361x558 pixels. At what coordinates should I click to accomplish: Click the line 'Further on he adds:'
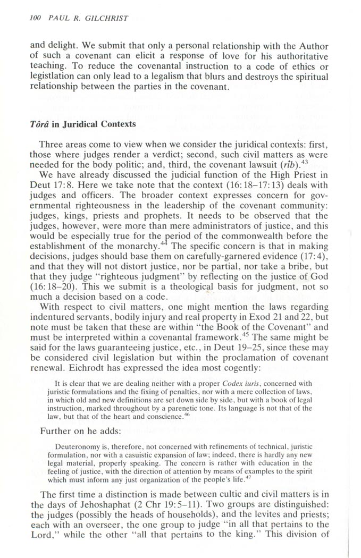pyautogui.click(x=78, y=417)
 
